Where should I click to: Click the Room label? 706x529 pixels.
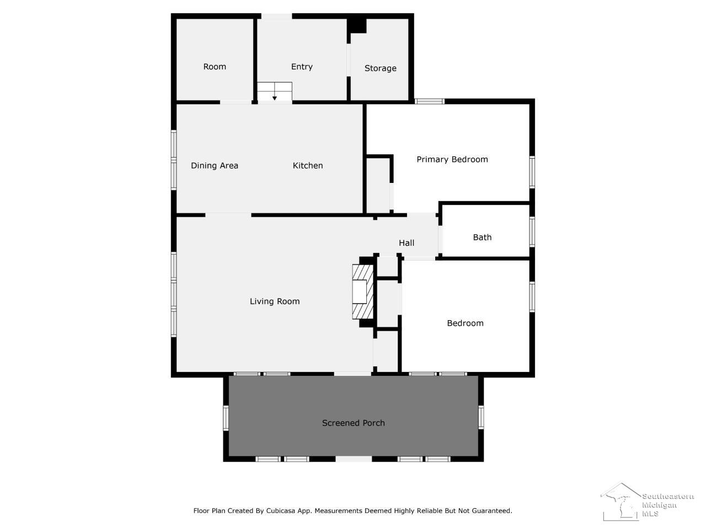click(215, 67)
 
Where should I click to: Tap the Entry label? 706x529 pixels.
click(302, 67)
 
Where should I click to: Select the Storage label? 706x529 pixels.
click(380, 68)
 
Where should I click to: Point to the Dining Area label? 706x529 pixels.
click(215, 165)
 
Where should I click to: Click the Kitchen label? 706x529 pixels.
click(307, 165)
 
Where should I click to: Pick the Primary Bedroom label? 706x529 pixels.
click(452, 159)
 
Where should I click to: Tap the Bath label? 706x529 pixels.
click(482, 237)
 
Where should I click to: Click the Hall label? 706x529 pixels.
click(407, 243)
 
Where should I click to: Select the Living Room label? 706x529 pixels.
click(275, 301)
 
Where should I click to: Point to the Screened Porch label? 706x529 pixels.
click(353, 423)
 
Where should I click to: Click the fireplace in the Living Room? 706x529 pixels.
click(363, 292)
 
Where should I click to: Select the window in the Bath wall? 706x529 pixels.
click(532, 232)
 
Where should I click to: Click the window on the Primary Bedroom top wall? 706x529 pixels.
click(429, 101)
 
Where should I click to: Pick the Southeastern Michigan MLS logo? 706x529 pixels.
click(646, 501)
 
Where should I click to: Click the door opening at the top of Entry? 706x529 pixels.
click(276, 16)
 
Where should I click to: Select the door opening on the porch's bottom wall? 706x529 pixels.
click(354, 460)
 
